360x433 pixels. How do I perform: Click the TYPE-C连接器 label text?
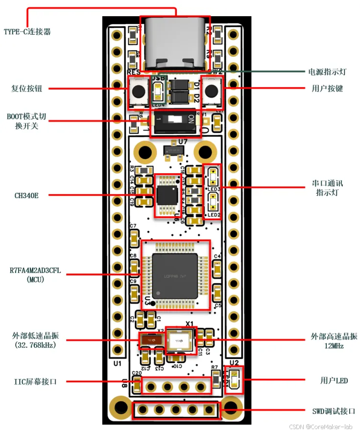(27, 32)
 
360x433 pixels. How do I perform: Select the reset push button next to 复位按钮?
(139, 91)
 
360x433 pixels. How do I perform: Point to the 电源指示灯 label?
(328, 72)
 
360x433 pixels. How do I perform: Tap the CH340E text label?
(26, 195)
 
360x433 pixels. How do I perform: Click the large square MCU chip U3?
(175, 275)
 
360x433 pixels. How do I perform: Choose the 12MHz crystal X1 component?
(179, 339)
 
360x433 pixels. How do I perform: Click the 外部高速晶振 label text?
(334, 337)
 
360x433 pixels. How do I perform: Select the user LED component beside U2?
(234, 380)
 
